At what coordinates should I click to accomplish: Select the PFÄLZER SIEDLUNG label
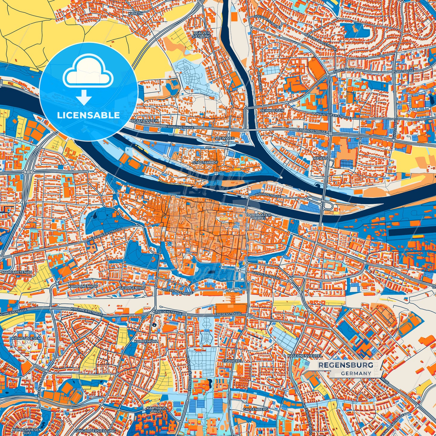click(x=202, y=34)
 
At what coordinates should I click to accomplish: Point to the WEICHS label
click(x=320, y=158)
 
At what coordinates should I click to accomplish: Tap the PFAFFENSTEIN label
click(x=145, y=121)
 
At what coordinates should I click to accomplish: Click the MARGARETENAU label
click(x=17, y=272)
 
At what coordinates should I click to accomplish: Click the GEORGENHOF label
click(x=132, y=288)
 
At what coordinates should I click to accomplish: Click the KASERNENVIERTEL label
click(x=305, y=356)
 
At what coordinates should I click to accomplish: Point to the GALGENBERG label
click(x=255, y=409)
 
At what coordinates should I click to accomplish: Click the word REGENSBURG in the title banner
click(x=345, y=365)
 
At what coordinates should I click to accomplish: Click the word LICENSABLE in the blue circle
click(x=88, y=115)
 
